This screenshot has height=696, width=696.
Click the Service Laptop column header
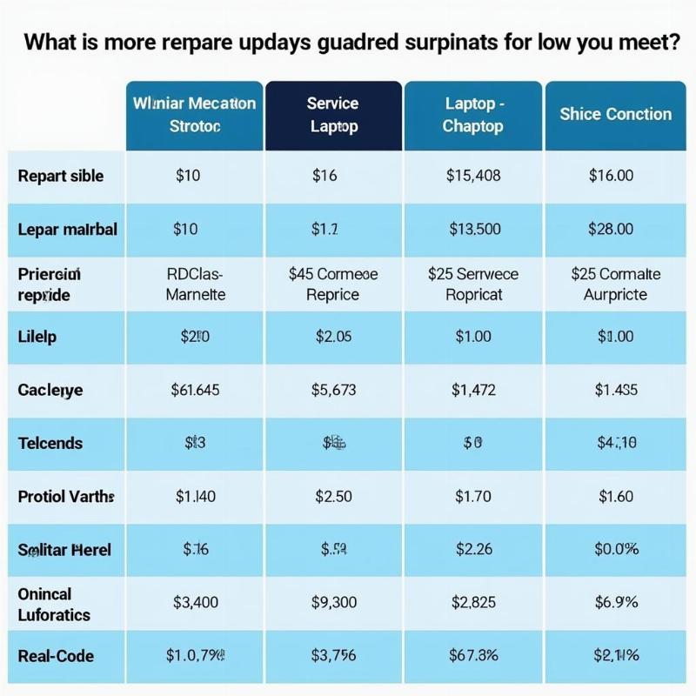[333, 114]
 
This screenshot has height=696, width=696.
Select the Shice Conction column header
[616, 114]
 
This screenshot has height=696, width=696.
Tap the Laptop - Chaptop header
[472, 114]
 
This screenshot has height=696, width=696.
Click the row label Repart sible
[60, 176]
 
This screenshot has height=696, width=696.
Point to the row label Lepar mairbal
[67, 230]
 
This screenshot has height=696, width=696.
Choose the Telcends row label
[50, 443]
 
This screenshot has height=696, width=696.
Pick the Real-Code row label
[56, 656]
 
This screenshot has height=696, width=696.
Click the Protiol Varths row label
[66, 497]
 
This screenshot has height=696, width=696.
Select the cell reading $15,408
[472, 176]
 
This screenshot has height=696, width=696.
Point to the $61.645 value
[195, 390]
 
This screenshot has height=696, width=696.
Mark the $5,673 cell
[333, 390]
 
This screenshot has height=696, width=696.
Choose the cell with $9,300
[333, 601]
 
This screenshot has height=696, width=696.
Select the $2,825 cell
[472, 601]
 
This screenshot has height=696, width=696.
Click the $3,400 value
[195, 601]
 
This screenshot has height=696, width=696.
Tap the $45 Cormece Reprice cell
[333, 284]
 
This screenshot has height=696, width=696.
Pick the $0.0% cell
[616, 549]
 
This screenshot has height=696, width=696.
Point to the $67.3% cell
[472, 656]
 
